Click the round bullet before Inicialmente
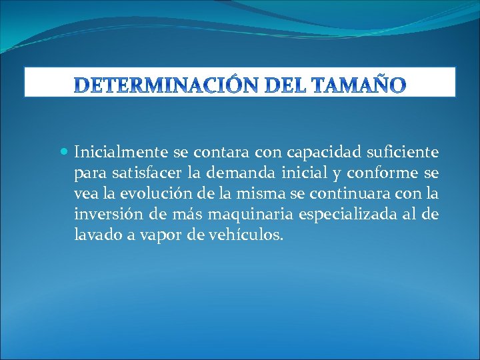pyautogui.click(x=65, y=153)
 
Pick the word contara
pyautogui.click(x=221, y=153)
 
